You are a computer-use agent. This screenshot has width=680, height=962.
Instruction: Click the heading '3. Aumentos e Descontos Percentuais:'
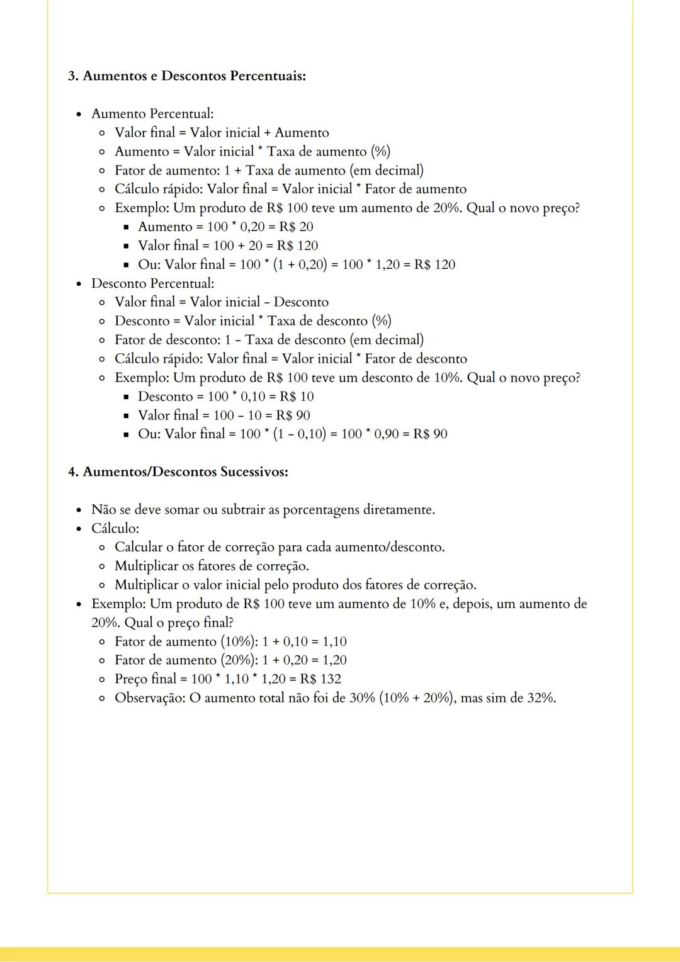[x=187, y=76]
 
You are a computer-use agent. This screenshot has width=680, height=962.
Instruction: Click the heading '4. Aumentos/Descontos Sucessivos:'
[x=178, y=472]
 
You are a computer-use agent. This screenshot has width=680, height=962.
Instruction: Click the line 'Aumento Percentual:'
[x=152, y=114]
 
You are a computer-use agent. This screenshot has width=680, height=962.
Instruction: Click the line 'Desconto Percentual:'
[x=152, y=283]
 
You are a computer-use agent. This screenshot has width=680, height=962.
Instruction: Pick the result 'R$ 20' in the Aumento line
[x=296, y=227]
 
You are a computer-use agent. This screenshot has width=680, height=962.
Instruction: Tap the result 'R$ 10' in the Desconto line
[x=297, y=396]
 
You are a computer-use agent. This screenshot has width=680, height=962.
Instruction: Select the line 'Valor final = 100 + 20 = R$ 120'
[x=228, y=246]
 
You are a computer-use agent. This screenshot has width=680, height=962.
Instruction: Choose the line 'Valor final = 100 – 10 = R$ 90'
[x=224, y=415]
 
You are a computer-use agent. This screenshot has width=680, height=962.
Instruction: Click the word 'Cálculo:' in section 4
[x=115, y=528]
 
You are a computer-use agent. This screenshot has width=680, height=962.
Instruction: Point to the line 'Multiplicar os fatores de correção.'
[x=212, y=566]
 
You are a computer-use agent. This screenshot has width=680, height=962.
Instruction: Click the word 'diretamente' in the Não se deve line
[x=398, y=509]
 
